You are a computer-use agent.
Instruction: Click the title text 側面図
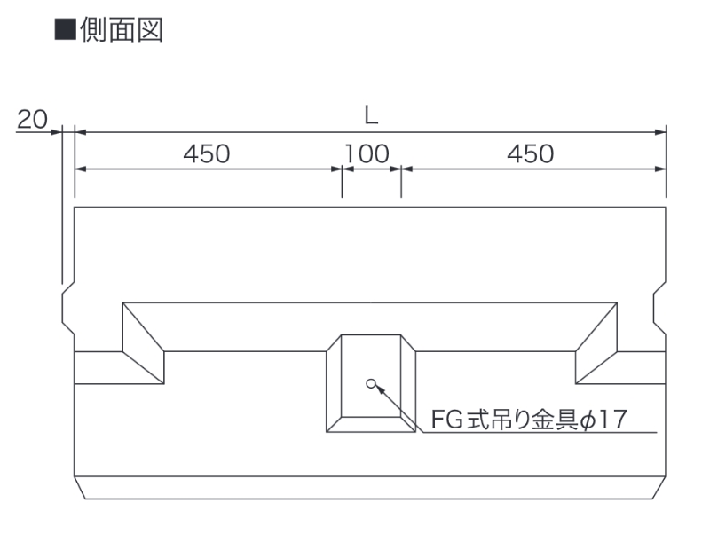point(122,30)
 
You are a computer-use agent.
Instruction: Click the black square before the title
point(65,29)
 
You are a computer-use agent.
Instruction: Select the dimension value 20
point(32,120)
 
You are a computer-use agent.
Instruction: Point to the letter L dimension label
point(371,116)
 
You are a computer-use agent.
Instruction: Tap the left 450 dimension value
point(207,153)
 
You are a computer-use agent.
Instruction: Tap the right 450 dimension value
point(530,153)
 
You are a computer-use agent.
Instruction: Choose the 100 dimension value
point(367,153)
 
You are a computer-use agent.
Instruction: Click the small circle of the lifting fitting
point(371,383)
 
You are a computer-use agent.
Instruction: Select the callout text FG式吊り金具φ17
point(529,419)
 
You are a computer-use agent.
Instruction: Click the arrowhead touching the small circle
point(380,389)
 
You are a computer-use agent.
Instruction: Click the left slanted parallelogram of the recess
point(143,343)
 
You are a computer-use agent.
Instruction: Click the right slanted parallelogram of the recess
point(596,343)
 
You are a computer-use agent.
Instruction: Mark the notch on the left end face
point(68,308)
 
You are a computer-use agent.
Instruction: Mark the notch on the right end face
point(659,308)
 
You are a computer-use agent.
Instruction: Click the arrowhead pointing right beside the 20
point(56,132)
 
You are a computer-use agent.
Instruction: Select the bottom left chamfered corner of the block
point(80,488)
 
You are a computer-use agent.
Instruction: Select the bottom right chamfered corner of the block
point(659,488)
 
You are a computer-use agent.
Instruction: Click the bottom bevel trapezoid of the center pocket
point(371,424)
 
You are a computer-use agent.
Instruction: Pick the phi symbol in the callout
point(588,420)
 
